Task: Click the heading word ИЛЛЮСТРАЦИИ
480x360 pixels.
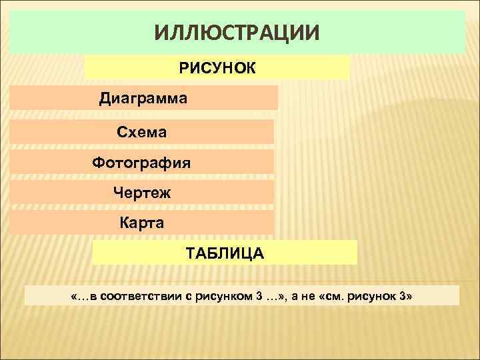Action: [x=237, y=32]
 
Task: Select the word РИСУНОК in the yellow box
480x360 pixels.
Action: [x=217, y=68]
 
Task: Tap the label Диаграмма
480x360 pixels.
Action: [x=143, y=99]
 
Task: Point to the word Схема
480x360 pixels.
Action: [x=142, y=132]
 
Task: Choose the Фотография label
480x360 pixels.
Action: [x=141, y=162]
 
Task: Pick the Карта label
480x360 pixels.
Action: [x=141, y=222]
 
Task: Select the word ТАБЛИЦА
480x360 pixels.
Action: [x=225, y=253]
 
